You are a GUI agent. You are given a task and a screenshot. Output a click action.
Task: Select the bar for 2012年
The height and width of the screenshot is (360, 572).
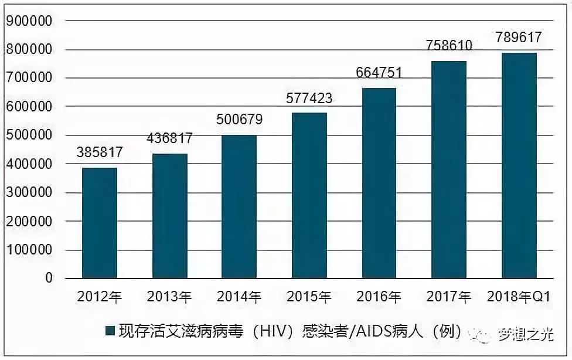[100, 223]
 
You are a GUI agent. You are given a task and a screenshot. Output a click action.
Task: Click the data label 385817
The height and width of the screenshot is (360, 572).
[100, 153]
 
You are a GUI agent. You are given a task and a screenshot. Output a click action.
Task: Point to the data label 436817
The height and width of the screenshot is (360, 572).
[169, 139]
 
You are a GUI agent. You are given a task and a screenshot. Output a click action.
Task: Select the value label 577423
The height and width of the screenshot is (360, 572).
[309, 98]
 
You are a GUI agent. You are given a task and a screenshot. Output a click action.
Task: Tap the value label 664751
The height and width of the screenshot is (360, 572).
[379, 73]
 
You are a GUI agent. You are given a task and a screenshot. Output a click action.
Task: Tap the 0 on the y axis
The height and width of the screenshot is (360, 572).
[49, 279]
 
